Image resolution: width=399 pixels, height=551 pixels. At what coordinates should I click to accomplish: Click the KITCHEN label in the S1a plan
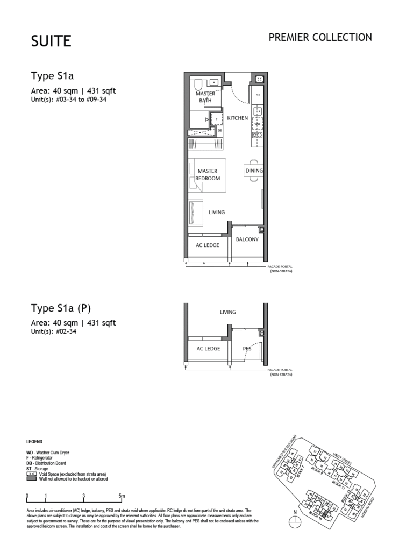coord(237,118)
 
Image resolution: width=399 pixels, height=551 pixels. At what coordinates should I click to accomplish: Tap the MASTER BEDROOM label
coord(207,175)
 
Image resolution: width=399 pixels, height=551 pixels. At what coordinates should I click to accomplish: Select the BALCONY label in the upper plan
coord(247,239)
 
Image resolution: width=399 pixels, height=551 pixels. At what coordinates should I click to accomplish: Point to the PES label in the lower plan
coord(247,349)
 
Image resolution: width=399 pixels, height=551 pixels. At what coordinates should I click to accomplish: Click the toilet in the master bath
coord(197,85)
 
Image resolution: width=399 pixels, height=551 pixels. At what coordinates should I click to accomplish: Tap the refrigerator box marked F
coord(217,118)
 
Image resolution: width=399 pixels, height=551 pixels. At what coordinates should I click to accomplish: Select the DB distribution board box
coord(219,130)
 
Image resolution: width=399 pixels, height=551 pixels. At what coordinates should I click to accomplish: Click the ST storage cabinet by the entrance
coord(258,95)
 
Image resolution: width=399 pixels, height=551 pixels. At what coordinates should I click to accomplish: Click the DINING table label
coord(254,171)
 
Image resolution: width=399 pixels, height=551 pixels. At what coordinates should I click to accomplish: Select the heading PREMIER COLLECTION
coord(320,38)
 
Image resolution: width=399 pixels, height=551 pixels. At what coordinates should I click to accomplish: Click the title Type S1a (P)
coord(61,308)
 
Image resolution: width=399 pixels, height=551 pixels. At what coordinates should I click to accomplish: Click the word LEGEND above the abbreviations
coord(35,441)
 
